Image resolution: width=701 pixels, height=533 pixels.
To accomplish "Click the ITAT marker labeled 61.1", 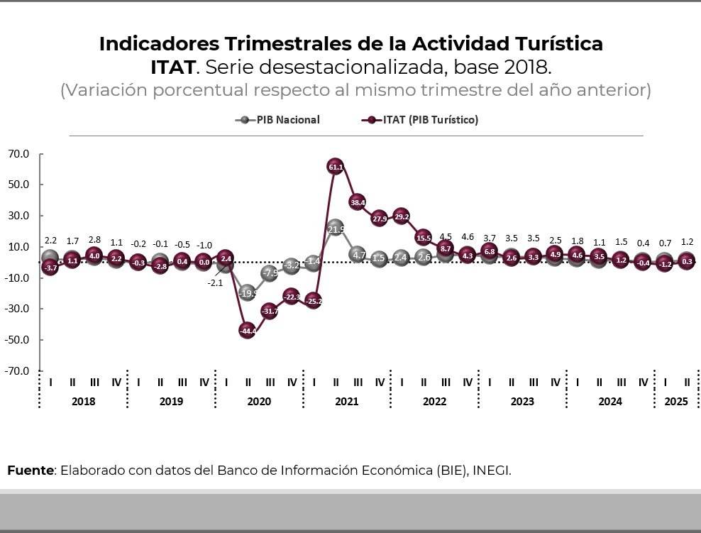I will [336, 167].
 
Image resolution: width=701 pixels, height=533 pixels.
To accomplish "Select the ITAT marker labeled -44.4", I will [248, 331].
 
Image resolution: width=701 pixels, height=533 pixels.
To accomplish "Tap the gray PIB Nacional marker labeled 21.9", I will [336, 229].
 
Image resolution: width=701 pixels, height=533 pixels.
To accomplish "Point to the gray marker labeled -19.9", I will [248, 292].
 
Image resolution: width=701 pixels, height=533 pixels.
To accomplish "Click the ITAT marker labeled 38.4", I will [358, 202].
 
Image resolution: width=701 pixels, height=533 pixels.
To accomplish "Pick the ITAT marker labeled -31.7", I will [270, 311].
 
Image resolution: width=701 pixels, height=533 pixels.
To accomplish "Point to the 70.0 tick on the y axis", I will [19, 153].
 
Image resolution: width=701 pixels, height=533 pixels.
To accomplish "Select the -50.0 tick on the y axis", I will [19, 339].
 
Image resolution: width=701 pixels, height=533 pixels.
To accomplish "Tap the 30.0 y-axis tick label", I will [19, 216].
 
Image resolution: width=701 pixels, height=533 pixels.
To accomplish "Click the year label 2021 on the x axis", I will [347, 402].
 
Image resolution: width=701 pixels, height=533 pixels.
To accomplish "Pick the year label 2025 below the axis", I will [675, 402].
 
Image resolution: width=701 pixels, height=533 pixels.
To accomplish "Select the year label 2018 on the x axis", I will [84, 402].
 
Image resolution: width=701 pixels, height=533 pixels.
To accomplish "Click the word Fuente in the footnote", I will [31, 471].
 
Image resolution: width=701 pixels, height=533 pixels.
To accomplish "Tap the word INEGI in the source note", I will [492, 471].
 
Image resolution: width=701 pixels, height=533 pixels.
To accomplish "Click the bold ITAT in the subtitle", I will [172, 68].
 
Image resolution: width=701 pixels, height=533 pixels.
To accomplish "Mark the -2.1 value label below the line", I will [215, 283].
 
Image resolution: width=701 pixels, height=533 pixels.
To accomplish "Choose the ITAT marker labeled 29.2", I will [402, 216].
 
